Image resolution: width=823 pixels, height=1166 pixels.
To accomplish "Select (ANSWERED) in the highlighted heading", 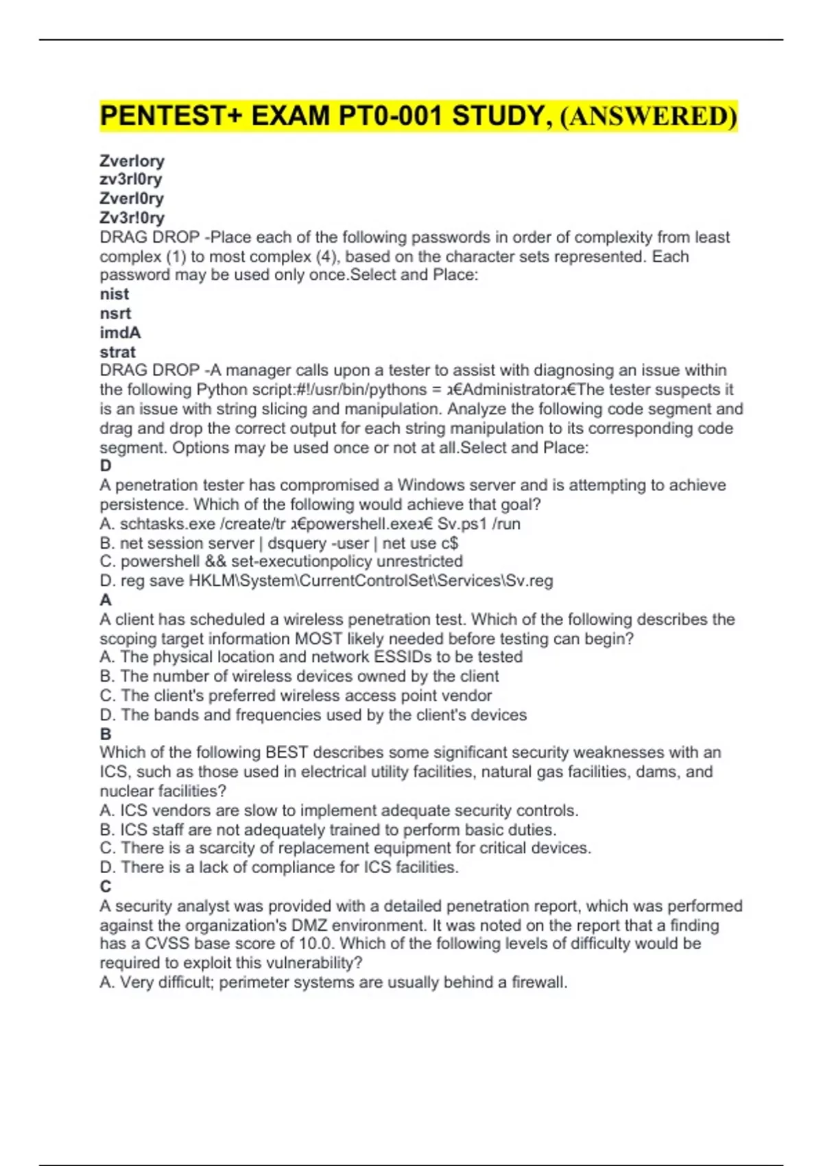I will pos(649,116).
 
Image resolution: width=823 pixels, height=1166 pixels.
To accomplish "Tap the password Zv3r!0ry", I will pos(132,217).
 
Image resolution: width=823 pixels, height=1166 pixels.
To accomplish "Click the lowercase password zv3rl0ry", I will pos(131,179).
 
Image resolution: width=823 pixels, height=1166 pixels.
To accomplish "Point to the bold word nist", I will pos(115,294).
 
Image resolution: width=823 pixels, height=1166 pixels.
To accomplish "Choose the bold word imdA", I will pos(121,333).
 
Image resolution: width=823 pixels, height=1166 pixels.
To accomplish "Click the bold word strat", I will pos(118,352).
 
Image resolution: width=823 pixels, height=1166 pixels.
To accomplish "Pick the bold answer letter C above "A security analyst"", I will pos(106,886).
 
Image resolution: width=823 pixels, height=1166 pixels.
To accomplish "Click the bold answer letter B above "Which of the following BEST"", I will pos(106,734).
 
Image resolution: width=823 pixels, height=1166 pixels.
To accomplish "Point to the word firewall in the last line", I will pos(538,982).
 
